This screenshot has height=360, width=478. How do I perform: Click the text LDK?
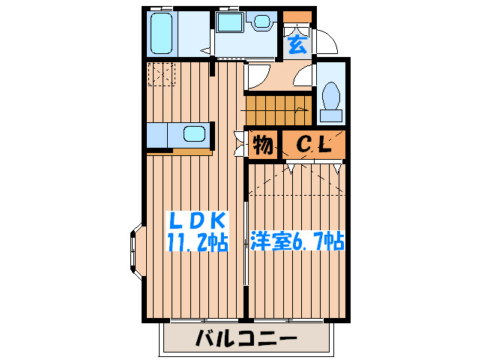click(196, 220)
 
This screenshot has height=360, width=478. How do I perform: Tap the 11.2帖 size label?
click(197, 243)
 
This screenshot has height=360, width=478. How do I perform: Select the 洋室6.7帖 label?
click(297, 242)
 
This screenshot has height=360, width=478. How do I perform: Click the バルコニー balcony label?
click(246, 337)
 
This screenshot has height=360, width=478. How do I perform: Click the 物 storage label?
click(262, 144)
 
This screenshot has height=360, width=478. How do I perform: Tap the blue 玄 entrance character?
click(297, 44)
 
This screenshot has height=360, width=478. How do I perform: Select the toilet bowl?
click(330, 97)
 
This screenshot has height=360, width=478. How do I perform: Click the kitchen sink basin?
click(194, 136)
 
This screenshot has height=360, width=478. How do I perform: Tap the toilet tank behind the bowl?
click(330, 115)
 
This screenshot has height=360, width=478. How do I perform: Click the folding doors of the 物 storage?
click(240, 143)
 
